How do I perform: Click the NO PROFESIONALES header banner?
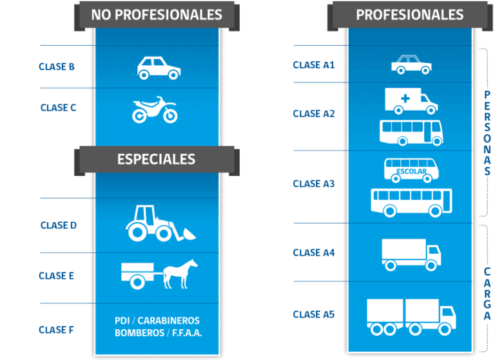157,15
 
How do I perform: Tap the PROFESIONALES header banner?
409,15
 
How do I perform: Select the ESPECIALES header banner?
156,159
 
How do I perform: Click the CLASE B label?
57,66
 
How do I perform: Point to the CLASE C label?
58,108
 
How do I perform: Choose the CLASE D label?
58,225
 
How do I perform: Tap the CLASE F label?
56,330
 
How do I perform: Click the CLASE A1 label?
314,65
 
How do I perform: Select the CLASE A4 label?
314,252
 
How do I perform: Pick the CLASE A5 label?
314,314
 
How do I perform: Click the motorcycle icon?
155,110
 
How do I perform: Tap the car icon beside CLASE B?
159,68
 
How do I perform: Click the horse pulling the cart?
180,274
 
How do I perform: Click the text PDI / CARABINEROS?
157,321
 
